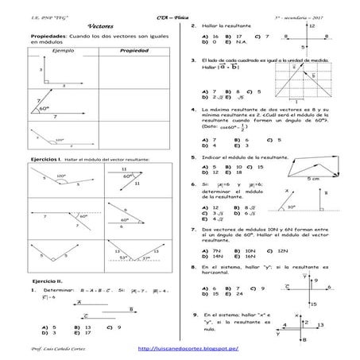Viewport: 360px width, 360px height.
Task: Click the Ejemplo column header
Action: coord(61,50)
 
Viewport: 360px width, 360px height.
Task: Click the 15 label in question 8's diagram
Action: coord(315,303)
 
